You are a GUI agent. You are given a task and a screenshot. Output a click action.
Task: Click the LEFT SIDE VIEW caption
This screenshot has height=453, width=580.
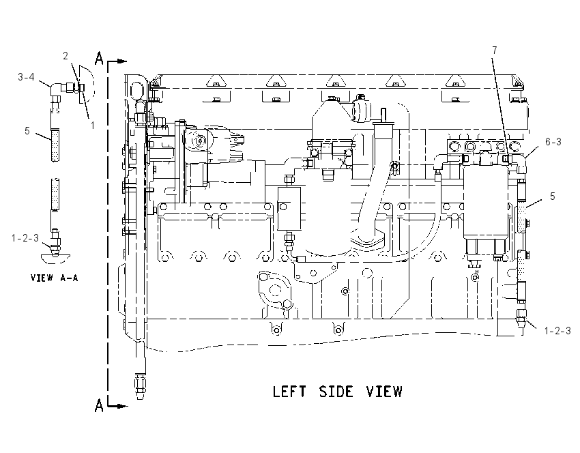(337, 392)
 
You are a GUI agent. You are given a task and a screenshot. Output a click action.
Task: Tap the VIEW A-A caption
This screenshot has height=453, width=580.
(55, 278)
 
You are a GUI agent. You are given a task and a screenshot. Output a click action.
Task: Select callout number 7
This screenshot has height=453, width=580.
(495, 50)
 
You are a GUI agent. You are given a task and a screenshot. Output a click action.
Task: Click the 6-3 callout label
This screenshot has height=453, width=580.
(553, 142)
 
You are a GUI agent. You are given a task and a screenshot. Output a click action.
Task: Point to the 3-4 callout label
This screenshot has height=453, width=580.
(26, 77)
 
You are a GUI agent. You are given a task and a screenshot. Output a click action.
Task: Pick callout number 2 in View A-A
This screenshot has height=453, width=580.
(66, 56)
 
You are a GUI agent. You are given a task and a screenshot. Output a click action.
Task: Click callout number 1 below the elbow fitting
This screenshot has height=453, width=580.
(93, 126)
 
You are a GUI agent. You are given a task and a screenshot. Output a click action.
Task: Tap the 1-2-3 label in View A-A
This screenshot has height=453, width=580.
(25, 238)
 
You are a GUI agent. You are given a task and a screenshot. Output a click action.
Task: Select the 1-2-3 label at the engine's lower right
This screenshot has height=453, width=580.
(557, 331)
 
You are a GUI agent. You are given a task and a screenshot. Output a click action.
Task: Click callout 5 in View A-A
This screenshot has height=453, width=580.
(27, 130)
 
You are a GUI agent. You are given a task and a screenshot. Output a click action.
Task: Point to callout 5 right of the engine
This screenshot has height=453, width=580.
(552, 196)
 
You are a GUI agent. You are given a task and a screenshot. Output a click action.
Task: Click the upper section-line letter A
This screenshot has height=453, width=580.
(99, 59)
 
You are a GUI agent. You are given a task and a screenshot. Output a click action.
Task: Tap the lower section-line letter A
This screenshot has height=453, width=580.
(99, 405)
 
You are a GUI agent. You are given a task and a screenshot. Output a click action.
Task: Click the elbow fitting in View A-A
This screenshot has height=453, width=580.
(57, 90)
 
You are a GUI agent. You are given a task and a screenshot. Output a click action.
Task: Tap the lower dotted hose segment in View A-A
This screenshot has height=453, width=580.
(55, 195)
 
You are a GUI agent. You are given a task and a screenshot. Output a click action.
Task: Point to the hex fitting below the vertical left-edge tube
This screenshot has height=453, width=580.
(140, 387)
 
